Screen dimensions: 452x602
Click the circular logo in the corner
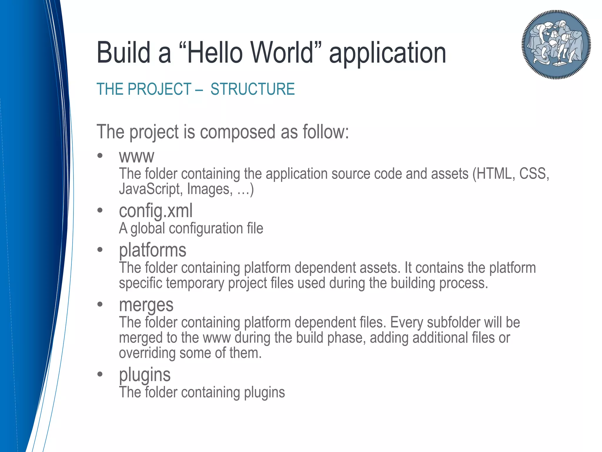coord(556,45)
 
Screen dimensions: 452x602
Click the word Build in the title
coord(123,53)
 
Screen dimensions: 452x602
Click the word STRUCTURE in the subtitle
coord(252,89)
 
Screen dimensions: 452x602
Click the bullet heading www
coord(136,157)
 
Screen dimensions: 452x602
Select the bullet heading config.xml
coord(156,211)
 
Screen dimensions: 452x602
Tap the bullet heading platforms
coord(153,250)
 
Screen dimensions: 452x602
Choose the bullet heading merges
coord(146,305)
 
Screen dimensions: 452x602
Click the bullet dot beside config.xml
coord(100,210)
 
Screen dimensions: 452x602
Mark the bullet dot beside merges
coord(100,304)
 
